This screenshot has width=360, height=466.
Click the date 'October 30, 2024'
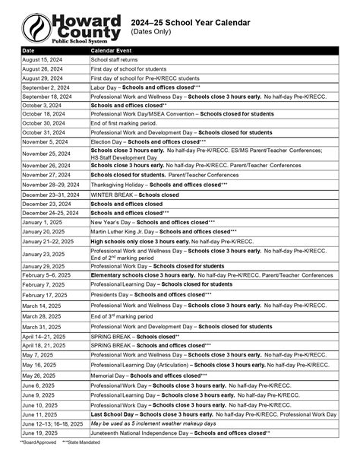(43, 122)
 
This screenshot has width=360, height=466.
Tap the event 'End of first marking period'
(127, 122)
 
